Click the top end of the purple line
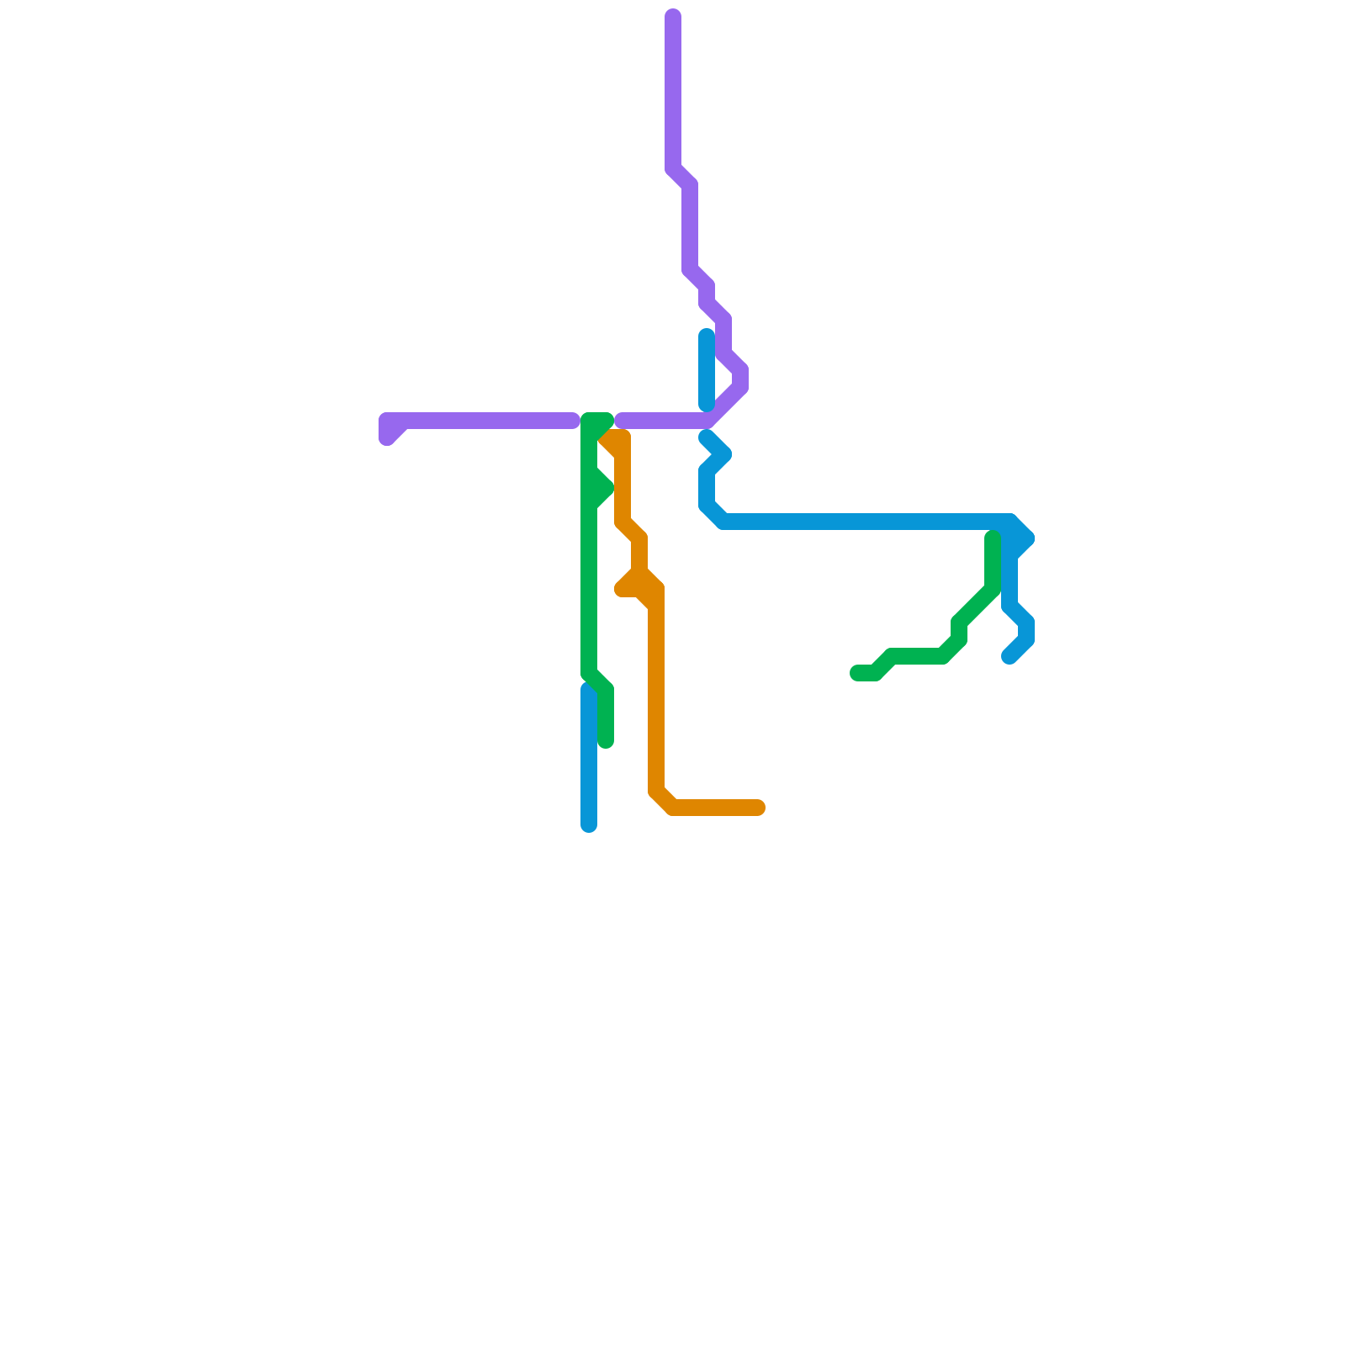673,16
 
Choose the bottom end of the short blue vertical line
707,405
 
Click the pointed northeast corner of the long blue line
1026,538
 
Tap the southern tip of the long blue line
1010,657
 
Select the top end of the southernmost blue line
589,690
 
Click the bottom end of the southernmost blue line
589,824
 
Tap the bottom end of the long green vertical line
606,741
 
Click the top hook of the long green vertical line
606,420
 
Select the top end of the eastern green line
993,538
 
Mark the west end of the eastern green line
857,673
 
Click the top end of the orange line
607,438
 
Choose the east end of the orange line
758,808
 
